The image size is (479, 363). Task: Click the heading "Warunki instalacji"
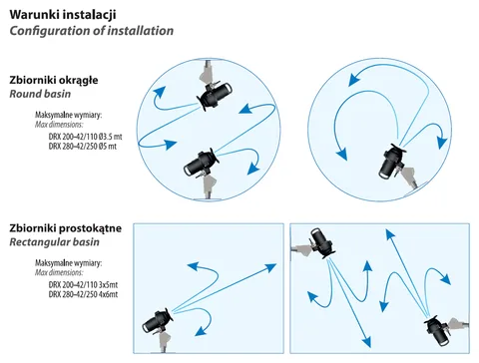click(63, 15)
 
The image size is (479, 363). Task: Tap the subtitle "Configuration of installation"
click(92, 31)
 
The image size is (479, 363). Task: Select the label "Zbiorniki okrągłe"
click(54, 81)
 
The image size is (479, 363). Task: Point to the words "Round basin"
click(40, 94)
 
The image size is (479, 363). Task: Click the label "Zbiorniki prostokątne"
click(66, 228)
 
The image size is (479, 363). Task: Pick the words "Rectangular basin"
click(54, 242)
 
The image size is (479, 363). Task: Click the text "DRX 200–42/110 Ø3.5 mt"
click(86, 137)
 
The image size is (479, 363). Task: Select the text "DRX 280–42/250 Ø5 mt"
click(83, 147)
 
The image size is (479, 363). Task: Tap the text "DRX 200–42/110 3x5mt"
click(83, 285)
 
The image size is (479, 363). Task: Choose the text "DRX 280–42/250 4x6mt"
click(83, 294)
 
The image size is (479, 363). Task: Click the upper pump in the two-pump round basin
click(214, 96)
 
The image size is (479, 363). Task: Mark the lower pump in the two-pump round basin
click(201, 164)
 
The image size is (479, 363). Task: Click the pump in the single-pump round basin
click(392, 161)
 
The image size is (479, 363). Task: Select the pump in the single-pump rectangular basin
click(157, 322)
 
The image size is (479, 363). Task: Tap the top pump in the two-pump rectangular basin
click(321, 243)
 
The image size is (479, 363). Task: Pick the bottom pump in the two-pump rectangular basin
click(438, 331)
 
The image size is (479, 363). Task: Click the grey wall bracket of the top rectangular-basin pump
click(301, 248)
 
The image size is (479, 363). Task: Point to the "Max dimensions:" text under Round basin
click(59, 125)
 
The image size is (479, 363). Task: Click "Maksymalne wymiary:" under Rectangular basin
click(68, 263)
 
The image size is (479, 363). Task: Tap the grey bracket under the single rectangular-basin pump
click(165, 342)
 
